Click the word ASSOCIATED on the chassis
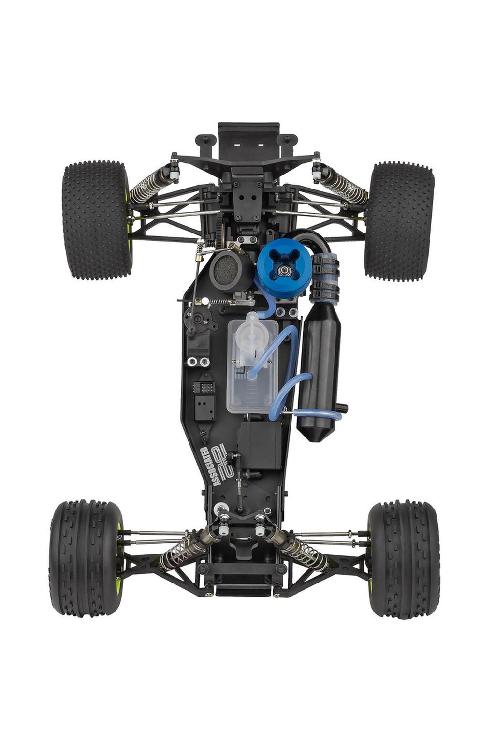tap(211, 466)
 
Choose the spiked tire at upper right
tap(399, 221)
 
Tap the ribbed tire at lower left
tap(86, 558)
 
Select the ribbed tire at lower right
tap(404, 559)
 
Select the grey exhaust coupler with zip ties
tap(325, 276)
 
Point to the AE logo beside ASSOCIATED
tap(226, 459)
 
